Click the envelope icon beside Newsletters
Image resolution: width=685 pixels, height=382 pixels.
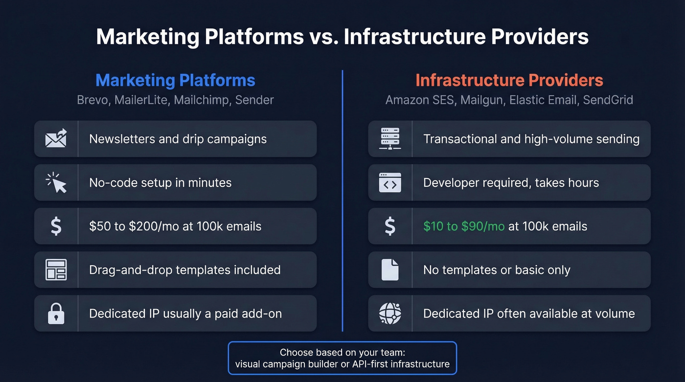pos(56,139)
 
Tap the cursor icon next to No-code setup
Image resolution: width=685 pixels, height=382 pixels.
pos(56,183)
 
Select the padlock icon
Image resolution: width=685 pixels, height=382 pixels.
pos(56,314)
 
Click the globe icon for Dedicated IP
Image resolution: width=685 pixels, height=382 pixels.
pos(390,314)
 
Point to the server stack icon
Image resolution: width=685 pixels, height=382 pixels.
pos(390,139)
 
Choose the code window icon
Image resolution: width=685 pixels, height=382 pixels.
pos(390,183)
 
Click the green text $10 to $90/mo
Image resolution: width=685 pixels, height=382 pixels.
pos(464,226)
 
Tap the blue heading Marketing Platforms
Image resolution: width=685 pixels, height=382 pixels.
pos(175,80)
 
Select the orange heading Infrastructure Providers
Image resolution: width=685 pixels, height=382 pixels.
pos(509,80)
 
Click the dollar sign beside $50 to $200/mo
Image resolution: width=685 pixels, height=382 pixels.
pos(56,226)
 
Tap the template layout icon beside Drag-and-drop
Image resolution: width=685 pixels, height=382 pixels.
pos(56,270)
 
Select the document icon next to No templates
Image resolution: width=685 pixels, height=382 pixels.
pos(390,270)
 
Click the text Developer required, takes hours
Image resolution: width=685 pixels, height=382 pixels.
pos(511,183)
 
